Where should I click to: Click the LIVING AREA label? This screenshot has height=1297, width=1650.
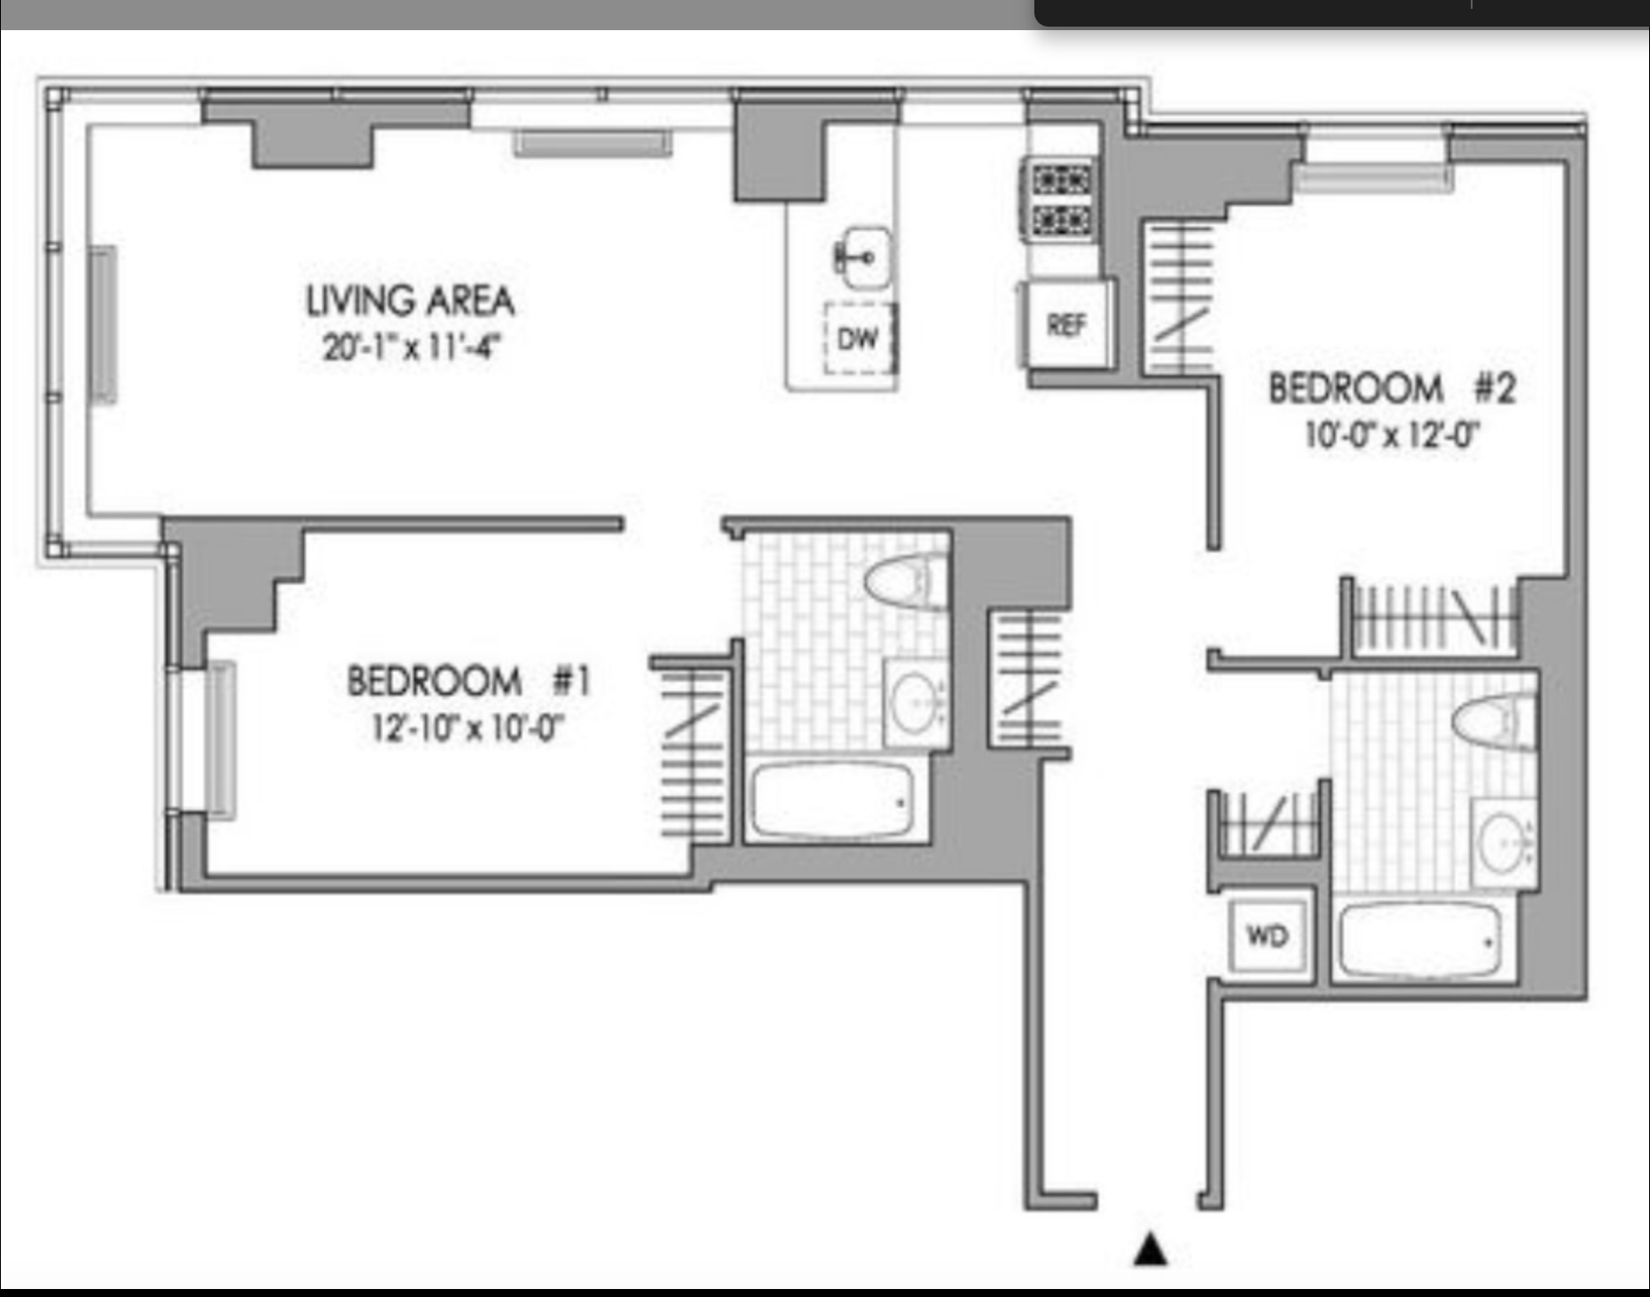(410, 301)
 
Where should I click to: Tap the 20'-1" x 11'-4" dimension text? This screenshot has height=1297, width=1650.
(411, 347)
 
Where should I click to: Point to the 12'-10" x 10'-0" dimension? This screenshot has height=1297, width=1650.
(467, 728)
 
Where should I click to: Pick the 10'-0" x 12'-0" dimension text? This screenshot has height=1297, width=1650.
(1391, 436)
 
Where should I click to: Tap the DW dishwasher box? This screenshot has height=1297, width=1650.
(859, 338)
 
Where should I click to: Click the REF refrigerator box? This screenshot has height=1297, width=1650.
(1066, 325)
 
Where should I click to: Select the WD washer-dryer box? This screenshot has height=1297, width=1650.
(1267, 936)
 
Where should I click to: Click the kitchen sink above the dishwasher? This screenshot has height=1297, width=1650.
(863, 258)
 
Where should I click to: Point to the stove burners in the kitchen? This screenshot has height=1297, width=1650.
(1062, 200)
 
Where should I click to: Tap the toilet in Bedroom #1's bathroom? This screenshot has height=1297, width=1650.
(907, 581)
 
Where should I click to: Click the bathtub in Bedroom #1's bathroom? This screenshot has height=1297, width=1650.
(832, 802)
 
